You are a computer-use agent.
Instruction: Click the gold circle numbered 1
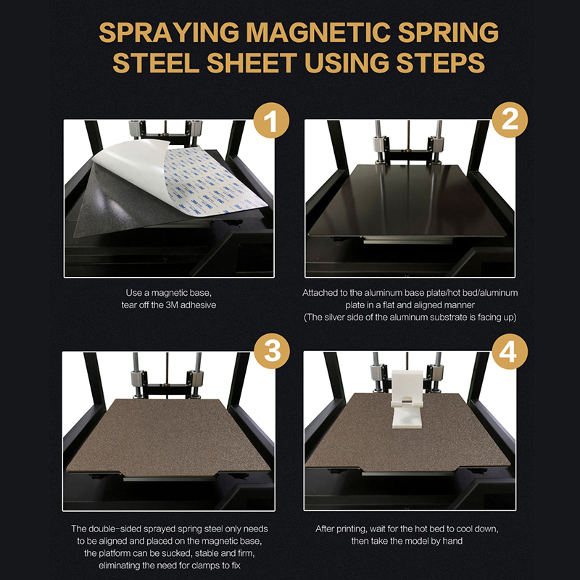pyautogui.click(x=271, y=120)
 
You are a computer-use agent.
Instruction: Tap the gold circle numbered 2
pyautogui.click(x=510, y=120)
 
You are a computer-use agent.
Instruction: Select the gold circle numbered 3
pyautogui.click(x=272, y=351)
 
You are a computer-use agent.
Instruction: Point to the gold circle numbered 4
pyautogui.click(x=510, y=351)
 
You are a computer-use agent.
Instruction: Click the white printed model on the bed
pyautogui.click(x=407, y=399)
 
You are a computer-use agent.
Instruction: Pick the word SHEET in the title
pyautogui.click(x=252, y=62)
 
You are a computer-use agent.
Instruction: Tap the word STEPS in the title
pyautogui.click(x=441, y=62)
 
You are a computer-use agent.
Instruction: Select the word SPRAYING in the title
pyautogui.click(x=169, y=33)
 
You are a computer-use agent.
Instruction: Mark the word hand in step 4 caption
pyautogui.click(x=452, y=541)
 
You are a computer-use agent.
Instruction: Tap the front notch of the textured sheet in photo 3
pyautogui.click(x=169, y=474)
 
